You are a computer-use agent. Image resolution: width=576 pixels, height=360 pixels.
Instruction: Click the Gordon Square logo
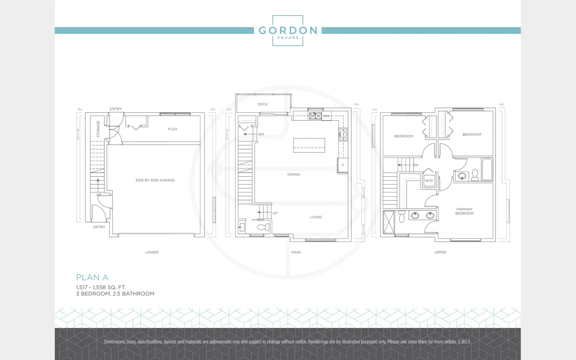[x=288, y=30]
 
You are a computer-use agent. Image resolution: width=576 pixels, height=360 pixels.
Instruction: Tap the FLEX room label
[x=173, y=129]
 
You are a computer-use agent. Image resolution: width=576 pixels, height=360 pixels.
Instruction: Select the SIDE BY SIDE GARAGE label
[x=155, y=180]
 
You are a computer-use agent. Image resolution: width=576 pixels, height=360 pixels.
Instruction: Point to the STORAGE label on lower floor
[x=98, y=129]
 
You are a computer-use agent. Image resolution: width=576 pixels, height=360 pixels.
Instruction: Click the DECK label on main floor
[x=262, y=104]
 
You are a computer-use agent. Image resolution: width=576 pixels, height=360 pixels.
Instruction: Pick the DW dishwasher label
[x=326, y=116]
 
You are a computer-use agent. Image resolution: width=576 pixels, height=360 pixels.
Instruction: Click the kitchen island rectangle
[x=309, y=145]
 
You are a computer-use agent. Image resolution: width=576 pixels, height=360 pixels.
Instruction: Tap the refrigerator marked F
[x=343, y=165]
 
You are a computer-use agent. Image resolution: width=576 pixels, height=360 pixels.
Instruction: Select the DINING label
[x=294, y=174]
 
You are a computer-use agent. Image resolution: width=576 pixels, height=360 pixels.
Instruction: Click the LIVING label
[x=316, y=217]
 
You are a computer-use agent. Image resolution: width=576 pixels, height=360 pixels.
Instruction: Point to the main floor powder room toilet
[x=263, y=227]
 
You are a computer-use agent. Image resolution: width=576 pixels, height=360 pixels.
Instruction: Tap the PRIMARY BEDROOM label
[x=464, y=211]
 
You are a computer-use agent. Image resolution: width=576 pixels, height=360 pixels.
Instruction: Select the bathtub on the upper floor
[x=487, y=170]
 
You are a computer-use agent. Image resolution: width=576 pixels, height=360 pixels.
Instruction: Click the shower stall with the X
[x=388, y=222]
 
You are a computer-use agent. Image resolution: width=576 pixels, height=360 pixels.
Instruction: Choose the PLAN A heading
[x=92, y=277]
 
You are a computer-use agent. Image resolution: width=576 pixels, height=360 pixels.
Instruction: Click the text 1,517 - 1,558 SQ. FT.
[x=101, y=287]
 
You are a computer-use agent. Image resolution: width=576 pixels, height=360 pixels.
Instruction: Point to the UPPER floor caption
[x=440, y=252]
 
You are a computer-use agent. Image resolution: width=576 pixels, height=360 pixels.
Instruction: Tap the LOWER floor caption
[x=152, y=252]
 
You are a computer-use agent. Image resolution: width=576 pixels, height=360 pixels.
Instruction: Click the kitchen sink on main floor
[x=315, y=116]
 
